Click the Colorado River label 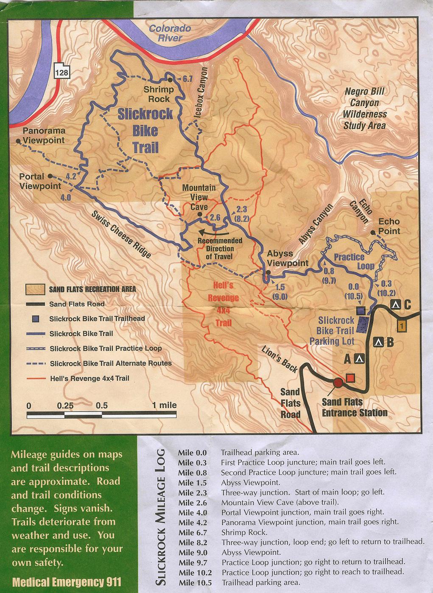[170, 33]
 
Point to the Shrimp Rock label [159, 94]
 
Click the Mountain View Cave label [198, 197]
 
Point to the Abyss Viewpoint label [287, 258]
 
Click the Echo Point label [389, 226]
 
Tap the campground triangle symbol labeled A [359, 359]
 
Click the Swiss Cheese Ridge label [121, 234]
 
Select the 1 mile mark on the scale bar [165, 406]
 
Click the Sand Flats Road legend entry [76, 304]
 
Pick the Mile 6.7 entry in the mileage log [193, 532]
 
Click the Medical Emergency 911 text [67, 582]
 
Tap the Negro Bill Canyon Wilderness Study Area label [365, 109]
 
